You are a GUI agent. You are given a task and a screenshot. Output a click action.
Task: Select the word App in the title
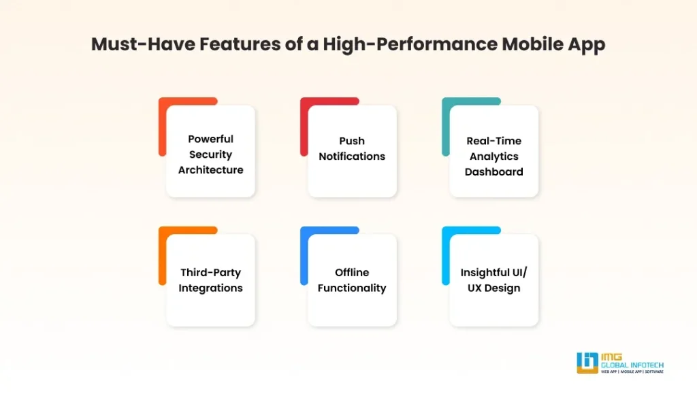click(587, 45)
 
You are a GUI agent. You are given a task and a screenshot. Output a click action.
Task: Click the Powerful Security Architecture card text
click(210, 154)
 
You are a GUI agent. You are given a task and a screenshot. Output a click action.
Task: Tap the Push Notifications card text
click(352, 148)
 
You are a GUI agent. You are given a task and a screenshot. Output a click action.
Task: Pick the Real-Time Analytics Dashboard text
click(493, 156)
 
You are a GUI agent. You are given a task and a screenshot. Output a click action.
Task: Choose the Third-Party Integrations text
click(210, 280)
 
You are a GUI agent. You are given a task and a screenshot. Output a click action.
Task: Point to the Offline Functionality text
click(352, 280)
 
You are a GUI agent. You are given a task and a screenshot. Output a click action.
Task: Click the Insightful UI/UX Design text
click(493, 280)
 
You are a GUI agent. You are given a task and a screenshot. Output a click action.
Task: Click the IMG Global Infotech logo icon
click(587, 363)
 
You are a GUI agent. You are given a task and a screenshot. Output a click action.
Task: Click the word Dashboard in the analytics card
click(493, 171)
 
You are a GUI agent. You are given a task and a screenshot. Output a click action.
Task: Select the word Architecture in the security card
click(210, 170)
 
